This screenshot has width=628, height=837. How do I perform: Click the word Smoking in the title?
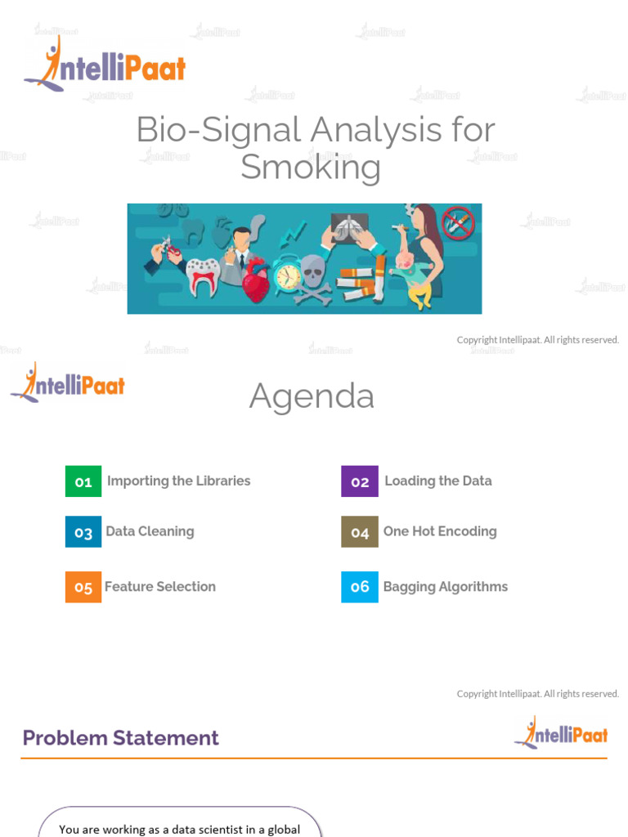click(311, 168)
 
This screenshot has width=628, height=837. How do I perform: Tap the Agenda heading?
click(312, 396)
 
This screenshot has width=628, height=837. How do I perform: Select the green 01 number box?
click(83, 481)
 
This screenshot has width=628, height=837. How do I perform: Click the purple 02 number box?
click(360, 481)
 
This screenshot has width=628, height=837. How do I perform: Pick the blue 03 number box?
click(83, 532)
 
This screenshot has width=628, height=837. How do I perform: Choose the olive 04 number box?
click(360, 532)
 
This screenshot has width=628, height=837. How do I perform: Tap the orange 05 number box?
click(83, 587)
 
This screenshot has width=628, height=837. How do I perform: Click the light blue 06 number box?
click(360, 587)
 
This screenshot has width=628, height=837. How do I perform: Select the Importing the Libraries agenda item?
click(178, 481)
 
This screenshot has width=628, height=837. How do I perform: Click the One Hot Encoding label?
click(440, 531)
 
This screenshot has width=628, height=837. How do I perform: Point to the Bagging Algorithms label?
click(446, 587)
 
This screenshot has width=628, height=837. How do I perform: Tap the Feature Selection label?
click(160, 587)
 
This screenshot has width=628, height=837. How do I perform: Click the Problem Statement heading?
click(121, 738)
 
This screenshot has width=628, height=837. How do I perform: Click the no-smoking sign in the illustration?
click(458, 222)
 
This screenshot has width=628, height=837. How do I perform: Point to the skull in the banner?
click(312, 271)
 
